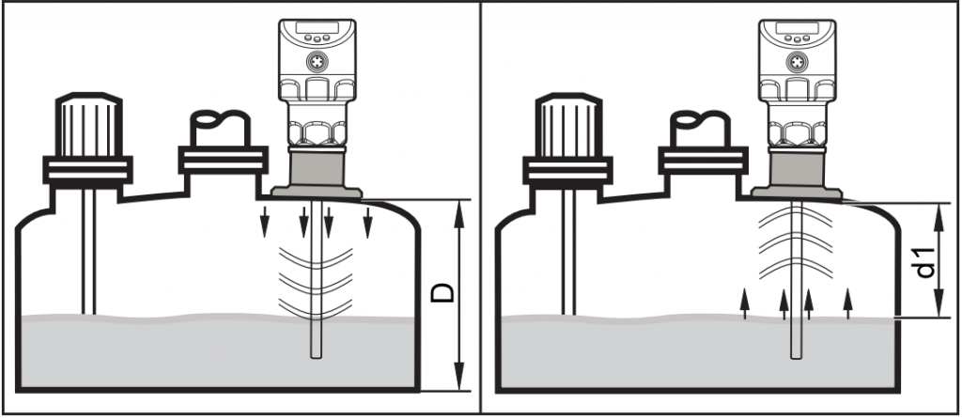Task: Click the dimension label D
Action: [442, 293]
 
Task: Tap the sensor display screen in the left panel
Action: [318, 27]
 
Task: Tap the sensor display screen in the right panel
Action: [798, 27]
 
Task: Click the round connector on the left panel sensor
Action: [318, 61]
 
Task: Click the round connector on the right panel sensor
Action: [798, 61]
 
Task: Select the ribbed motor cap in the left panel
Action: [88, 127]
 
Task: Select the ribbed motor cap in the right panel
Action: [568, 127]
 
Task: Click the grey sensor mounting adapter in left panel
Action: [317, 174]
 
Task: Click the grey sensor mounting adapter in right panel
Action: [797, 174]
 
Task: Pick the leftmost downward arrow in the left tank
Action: [264, 222]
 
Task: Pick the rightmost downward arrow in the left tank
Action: [367, 222]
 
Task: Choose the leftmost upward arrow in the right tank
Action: [744, 303]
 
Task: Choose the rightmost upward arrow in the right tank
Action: [848, 303]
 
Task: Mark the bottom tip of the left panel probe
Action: [316, 358]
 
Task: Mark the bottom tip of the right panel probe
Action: [797, 358]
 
